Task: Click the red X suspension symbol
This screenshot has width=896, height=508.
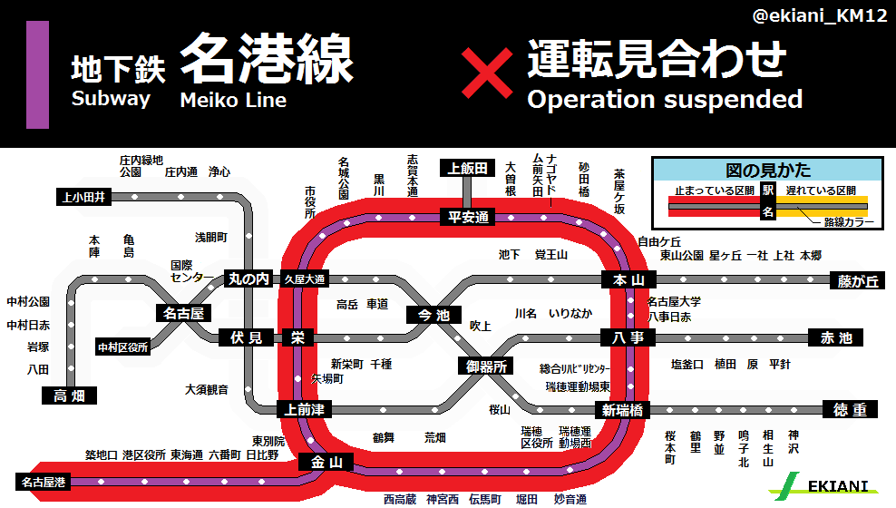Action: [488, 73]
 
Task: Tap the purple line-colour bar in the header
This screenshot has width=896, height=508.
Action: [37, 73]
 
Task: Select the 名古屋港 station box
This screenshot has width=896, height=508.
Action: [43, 482]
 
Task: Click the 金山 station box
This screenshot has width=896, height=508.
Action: [326, 463]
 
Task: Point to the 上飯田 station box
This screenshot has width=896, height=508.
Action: [468, 168]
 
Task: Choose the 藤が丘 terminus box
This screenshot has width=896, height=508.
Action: [854, 281]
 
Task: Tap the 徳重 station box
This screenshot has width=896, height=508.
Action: [850, 410]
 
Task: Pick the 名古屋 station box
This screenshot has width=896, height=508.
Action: [182, 314]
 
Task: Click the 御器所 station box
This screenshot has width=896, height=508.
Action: [487, 366]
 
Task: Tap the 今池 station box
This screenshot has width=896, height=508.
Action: [433, 315]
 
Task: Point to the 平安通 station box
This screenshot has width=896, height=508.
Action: [468, 217]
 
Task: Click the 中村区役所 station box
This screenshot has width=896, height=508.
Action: [123, 347]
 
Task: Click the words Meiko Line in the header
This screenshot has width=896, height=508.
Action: [233, 100]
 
